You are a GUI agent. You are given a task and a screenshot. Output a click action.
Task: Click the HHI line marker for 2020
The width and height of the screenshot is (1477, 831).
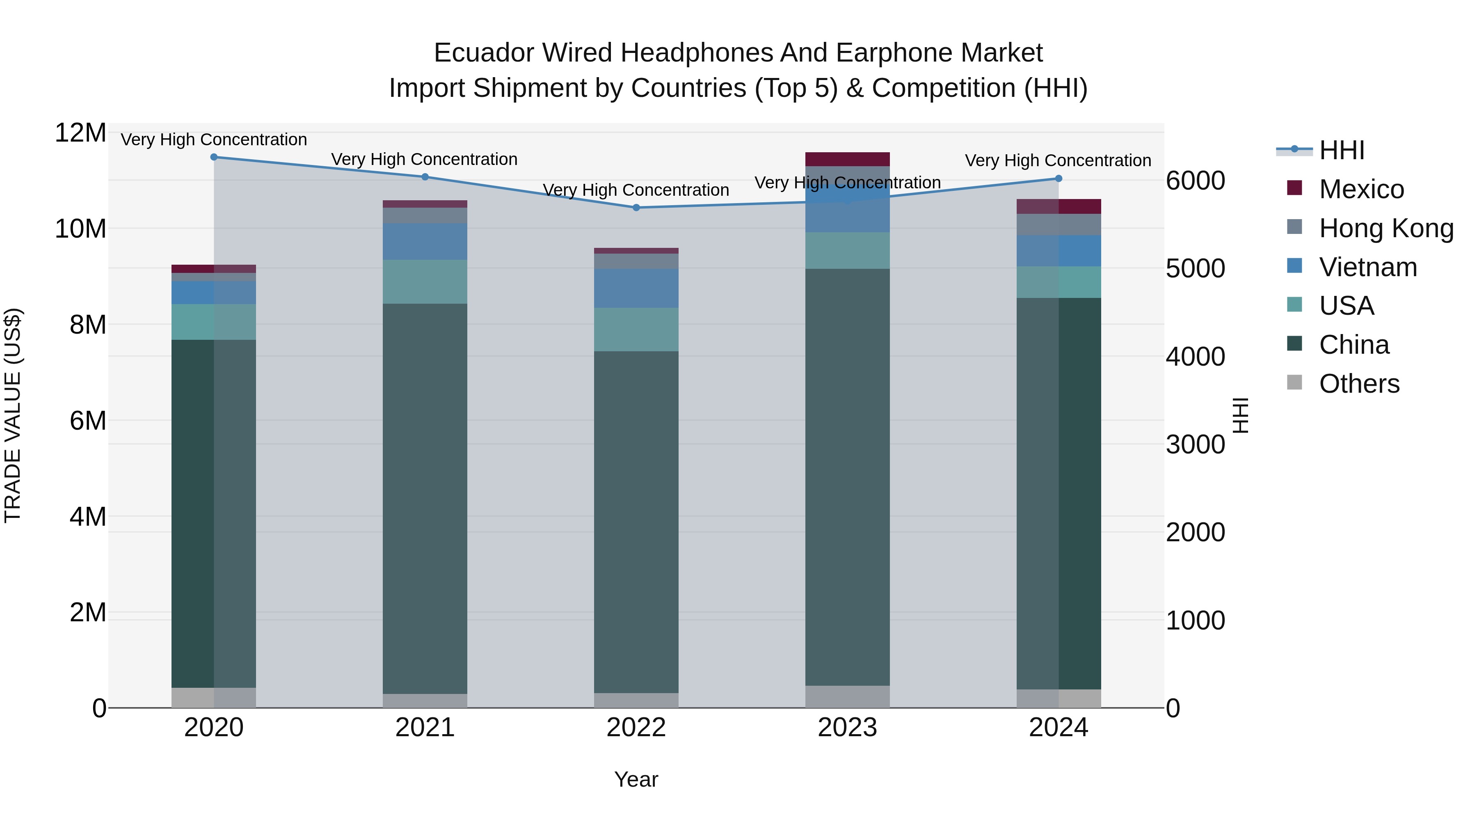pyautogui.click(x=214, y=157)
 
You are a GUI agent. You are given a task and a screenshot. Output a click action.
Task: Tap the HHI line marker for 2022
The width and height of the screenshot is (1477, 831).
pyautogui.click(x=636, y=207)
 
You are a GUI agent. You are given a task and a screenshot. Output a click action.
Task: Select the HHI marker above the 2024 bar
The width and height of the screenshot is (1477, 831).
pyautogui.click(x=1059, y=179)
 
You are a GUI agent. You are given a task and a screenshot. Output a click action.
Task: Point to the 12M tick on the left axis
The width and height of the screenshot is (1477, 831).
pyautogui.click(x=80, y=133)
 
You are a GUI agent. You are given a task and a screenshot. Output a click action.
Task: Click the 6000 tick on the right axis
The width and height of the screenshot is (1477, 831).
pyautogui.click(x=1196, y=181)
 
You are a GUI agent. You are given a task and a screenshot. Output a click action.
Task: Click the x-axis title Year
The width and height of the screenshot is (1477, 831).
pyautogui.click(x=636, y=779)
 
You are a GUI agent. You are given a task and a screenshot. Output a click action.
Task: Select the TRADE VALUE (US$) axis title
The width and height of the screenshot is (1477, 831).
pyautogui.click(x=13, y=415)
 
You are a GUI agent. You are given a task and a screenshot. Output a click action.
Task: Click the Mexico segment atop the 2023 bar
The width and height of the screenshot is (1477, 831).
pyautogui.click(x=848, y=159)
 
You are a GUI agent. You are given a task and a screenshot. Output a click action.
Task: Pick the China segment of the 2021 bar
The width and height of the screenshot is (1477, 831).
pyautogui.click(x=425, y=499)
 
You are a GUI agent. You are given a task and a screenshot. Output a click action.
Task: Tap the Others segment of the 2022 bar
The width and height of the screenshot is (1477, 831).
pyautogui.click(x=636, y=700)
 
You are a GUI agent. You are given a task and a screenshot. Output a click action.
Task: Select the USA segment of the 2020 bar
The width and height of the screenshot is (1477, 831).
pyautogui.click(x=214, y=322)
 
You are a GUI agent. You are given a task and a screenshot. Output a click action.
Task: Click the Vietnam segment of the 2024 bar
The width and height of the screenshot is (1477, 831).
pyautogui.click(x=1059, y=251)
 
